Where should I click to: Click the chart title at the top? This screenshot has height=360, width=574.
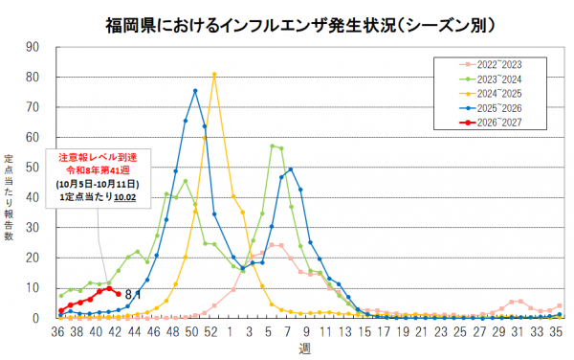point(300,26)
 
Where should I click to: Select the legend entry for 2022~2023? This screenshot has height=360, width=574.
point(490,65)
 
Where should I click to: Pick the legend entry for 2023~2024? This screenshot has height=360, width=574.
point(490,79)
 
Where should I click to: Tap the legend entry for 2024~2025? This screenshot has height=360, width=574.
point(490,94)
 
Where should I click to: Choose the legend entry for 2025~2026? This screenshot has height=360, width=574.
point(490,108)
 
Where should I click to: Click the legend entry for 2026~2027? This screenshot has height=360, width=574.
point(490,123)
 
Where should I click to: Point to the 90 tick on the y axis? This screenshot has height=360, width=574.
point(33,47)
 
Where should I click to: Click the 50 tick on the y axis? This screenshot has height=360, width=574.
point(33,168)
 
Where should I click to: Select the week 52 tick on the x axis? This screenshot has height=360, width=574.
point(210,332)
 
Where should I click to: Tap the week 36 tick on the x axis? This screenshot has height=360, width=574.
point(57,332)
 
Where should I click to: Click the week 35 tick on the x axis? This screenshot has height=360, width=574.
point(556,332)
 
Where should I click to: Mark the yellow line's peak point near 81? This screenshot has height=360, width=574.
point(214,74)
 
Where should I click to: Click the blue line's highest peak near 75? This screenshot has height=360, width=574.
point(195,91)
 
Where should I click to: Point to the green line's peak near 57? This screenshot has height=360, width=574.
point(272,146)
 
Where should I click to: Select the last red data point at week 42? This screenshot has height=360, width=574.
point(119,294)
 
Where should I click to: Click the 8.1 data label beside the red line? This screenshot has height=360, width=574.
point(133,295)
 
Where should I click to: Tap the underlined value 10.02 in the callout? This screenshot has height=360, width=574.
point(124,197)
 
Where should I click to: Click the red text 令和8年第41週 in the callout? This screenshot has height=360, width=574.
point(98,170)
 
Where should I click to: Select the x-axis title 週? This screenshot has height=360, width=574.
point(304,349)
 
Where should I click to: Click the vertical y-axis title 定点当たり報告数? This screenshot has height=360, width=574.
point(9,198)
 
